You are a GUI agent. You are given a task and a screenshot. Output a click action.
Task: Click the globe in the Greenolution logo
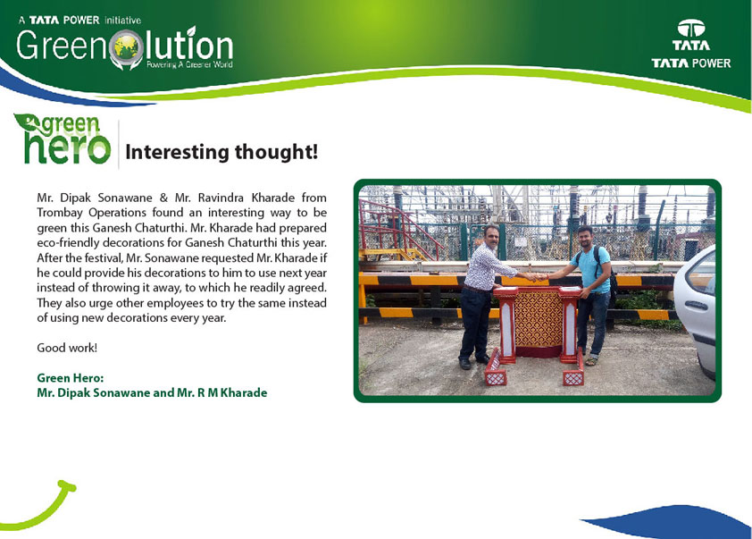126,47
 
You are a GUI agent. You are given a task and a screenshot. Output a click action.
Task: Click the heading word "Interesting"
177,152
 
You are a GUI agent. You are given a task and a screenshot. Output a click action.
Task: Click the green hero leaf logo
63,139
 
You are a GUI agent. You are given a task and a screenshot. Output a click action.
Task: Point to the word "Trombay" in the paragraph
60,213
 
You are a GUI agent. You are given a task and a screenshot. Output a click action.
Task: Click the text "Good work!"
67,348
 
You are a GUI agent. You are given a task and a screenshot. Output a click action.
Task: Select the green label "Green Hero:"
70,378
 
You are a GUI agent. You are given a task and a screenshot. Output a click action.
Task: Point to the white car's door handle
696,306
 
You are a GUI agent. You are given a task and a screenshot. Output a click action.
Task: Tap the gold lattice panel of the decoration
539,319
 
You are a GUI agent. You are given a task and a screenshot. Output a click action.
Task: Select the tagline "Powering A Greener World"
189,64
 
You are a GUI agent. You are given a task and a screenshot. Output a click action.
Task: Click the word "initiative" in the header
122,21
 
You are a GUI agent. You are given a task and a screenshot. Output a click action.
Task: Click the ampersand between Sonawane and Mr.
163,198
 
